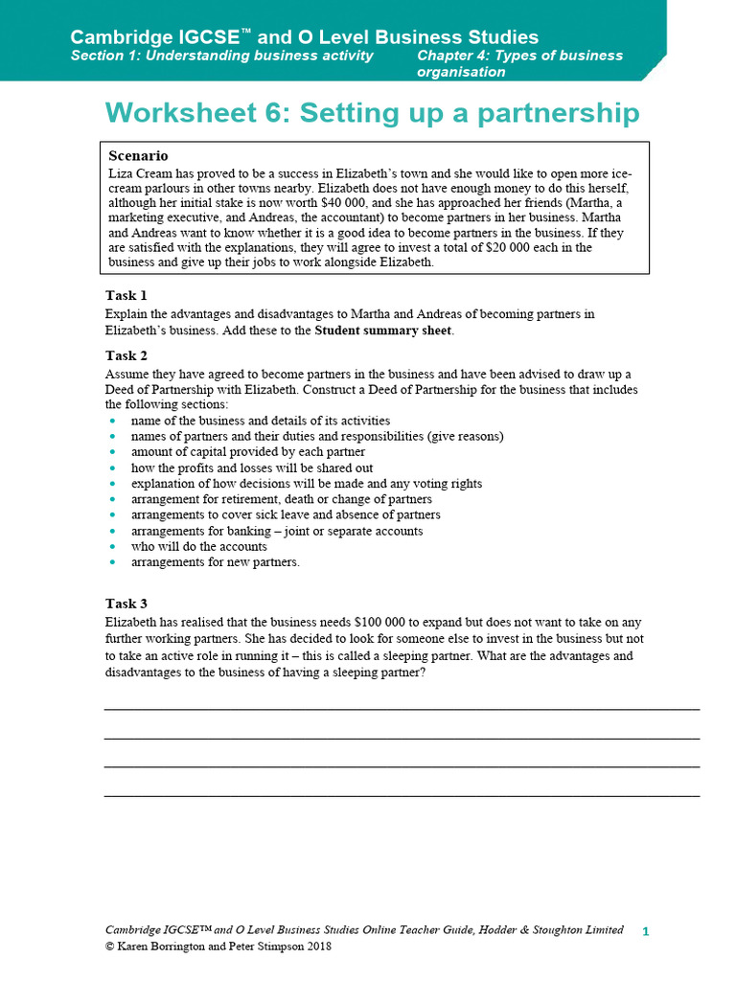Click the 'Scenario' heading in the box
coord(138,155)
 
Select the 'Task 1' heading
coord(126,295)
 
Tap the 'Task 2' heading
coord(126,355)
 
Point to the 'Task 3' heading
coord(126,604)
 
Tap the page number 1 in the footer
coord(645,931)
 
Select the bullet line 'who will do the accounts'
coord(198,546)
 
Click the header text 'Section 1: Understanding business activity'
coord(221,56)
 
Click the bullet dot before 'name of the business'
coord(112,421)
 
